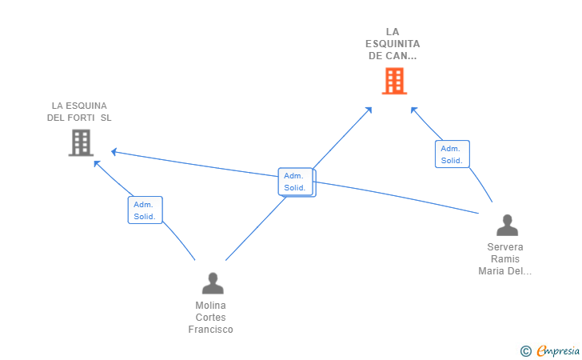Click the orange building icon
394,81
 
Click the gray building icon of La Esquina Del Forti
81,142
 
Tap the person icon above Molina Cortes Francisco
213,283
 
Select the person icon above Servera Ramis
507,225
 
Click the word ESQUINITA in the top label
393,44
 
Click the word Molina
210,306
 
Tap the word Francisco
210,330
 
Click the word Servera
505,247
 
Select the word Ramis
505,259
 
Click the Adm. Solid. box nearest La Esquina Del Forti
145,210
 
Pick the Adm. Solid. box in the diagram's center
297,182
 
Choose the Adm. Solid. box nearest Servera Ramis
452,154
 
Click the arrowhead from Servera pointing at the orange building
414,110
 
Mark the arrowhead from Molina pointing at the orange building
369,110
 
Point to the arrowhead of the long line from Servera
114,151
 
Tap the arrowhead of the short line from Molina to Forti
98,164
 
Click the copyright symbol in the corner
525,351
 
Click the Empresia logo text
558,351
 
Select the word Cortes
210,318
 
